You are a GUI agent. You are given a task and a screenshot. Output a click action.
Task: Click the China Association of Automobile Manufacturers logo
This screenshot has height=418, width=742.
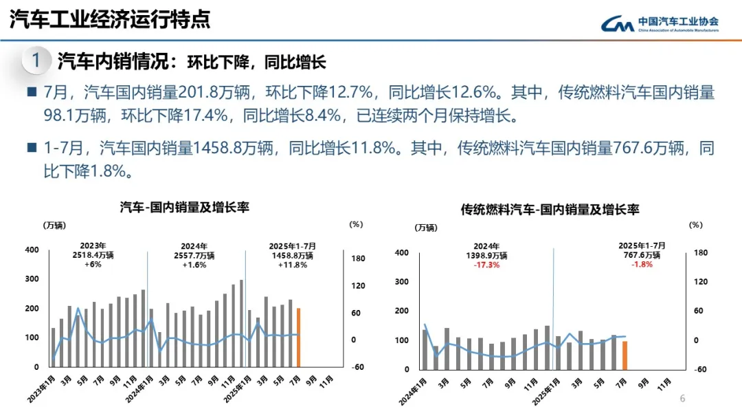pyautogui.click(x=660, y=24)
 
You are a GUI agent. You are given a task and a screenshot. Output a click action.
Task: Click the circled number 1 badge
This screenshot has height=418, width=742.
pyautogui.click(x=36, y=61)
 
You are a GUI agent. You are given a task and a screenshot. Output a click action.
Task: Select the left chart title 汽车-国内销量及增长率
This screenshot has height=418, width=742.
pyautogui.click(x=184, y=207)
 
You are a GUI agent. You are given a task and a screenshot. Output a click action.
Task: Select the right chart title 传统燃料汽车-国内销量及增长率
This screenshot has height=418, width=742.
pyautogui.click(x=550, y=210)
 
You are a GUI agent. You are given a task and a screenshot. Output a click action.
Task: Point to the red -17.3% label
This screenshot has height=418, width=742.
pyautogui.click(x=486, y=265)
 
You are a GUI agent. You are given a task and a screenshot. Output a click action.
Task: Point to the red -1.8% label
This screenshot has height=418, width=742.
pyautogui.click(x=642, y=265)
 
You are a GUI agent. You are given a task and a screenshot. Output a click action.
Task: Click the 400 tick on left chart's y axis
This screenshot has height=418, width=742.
pyautogui.click(x=32, y=250)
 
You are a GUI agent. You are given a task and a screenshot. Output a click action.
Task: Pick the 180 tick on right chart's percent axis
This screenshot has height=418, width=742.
pyautogui.click(x=700, y=253)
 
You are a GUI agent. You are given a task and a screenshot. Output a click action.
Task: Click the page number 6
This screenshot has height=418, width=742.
pyautogui.click(x=682, y=399)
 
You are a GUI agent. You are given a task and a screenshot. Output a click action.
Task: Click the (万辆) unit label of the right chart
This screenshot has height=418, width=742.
pyautogui.click(x=425, y=228)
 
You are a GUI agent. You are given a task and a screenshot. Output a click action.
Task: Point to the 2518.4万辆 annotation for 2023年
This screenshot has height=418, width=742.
pyautogui.click(x=93, y=255)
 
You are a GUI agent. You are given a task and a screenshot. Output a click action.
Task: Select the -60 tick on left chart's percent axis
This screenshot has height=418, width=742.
pyautogui.click(x=357, y=367)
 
